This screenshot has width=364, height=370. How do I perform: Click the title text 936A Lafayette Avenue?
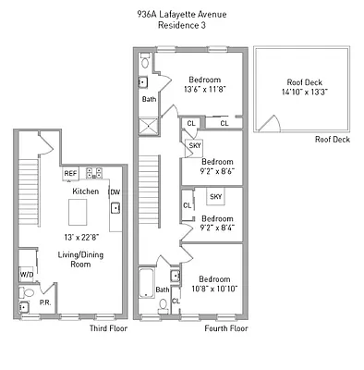point(181,13)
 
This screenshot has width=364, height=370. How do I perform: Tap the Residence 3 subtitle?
point(181,25)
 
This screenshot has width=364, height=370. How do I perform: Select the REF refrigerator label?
point(70,173)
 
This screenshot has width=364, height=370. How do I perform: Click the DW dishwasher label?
point(115,191)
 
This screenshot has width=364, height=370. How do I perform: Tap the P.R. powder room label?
point(43,302)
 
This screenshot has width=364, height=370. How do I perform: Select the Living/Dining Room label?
point(81,259)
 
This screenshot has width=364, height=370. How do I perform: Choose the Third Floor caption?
point(108,328)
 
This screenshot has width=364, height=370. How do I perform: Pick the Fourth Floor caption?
point(226,328)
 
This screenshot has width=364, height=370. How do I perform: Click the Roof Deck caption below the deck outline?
point(332,140)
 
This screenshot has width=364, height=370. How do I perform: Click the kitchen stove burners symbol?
point(93,172)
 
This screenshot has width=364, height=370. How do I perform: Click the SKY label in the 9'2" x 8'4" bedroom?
point(215,197)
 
